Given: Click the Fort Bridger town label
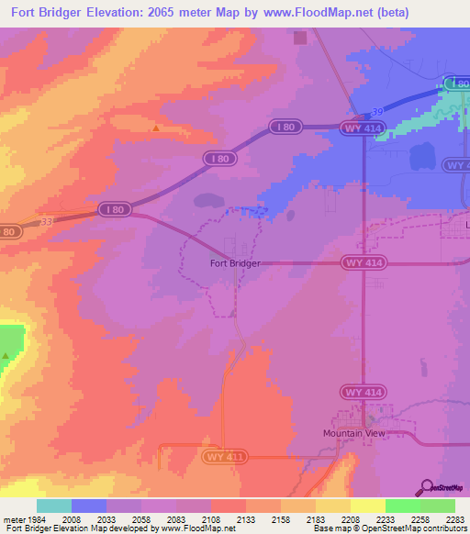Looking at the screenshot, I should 235,263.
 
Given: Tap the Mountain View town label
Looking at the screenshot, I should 357,433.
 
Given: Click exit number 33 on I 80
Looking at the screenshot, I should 45,220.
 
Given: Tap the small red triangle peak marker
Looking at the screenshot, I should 155,128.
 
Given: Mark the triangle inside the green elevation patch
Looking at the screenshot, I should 6,355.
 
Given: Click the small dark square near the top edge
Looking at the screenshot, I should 299,38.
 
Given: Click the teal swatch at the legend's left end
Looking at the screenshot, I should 53,506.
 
